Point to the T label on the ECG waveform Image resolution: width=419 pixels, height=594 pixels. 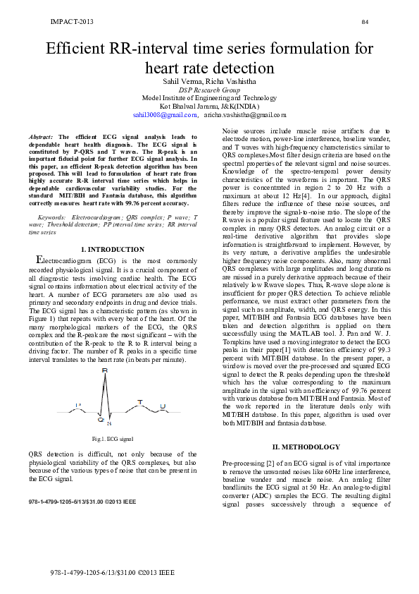coord(139,401)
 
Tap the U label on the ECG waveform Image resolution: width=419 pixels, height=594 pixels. coord(163,406)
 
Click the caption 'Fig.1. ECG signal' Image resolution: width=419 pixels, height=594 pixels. coord(113,439)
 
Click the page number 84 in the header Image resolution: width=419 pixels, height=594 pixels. coord(365,22)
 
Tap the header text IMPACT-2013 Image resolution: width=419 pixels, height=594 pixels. coord(72,22)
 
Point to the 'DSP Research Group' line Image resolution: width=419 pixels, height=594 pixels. coord(209,90)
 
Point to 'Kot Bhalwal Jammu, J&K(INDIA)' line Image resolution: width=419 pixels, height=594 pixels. coord(209,106)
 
